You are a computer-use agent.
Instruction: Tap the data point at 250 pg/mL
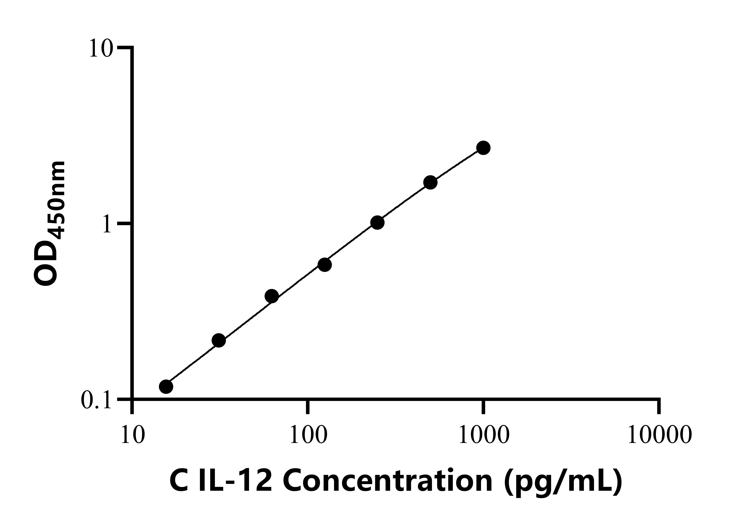point(377,223)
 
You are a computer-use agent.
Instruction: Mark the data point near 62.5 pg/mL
point(272,296)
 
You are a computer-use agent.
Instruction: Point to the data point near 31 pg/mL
point(219,341)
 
